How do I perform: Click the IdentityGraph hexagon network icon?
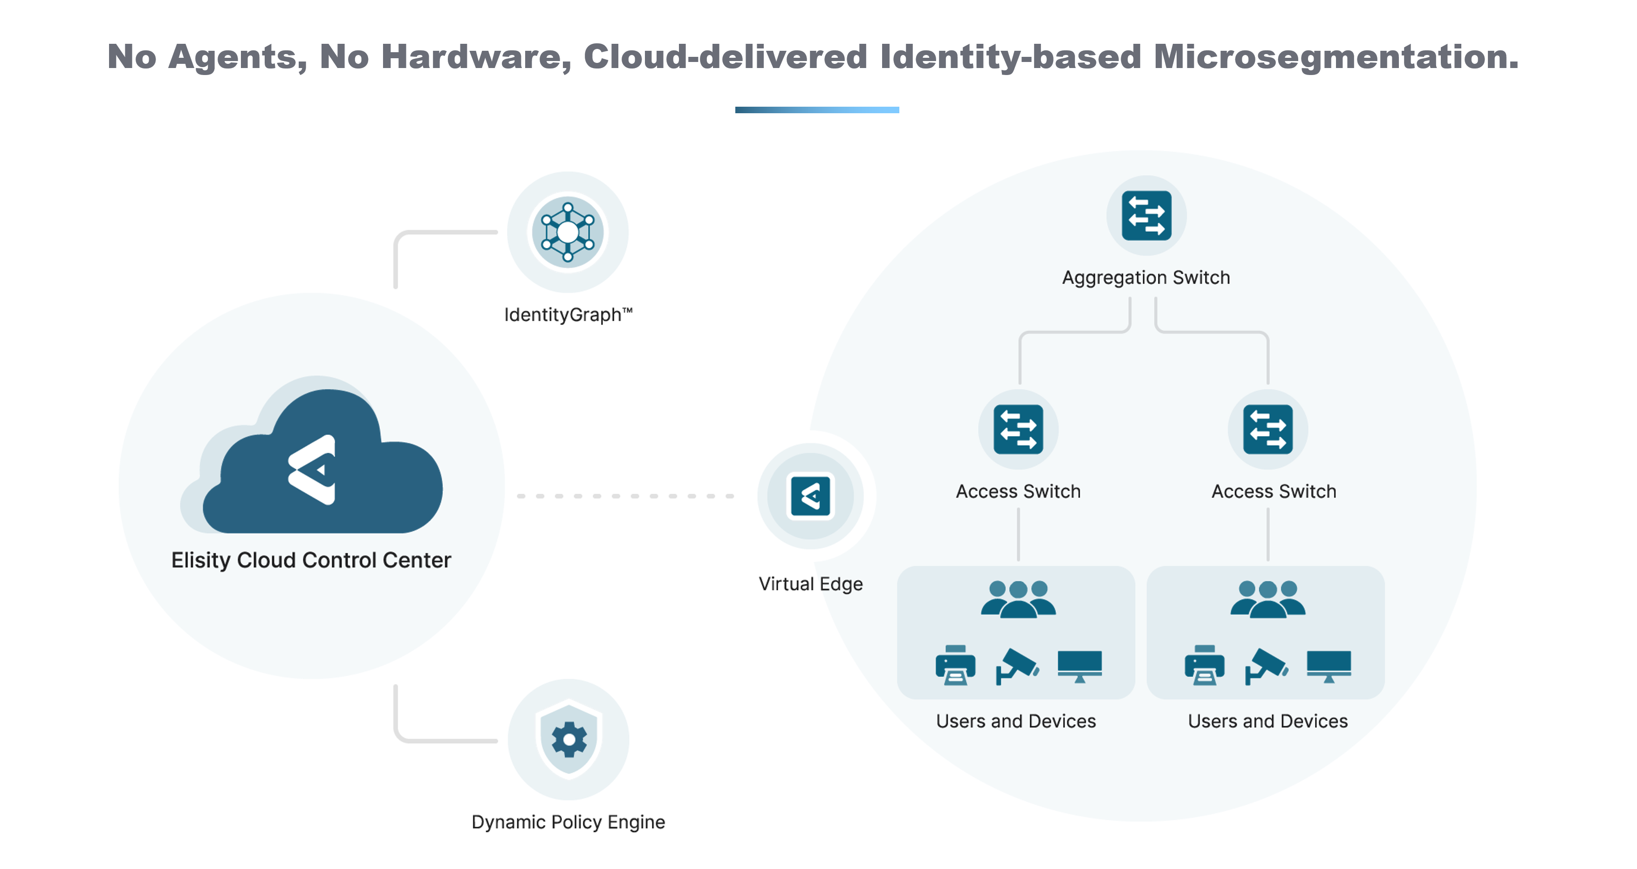[x=568, y=232]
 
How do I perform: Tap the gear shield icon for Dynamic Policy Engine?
[x=569, y=739]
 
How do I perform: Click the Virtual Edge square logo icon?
[x=810, y=496]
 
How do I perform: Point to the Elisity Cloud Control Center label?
[x=311, y=560]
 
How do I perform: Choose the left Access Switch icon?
[x=1018, y=430]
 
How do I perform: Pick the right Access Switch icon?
[x=1268, y=430]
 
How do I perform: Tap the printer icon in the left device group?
[x=955, y=665]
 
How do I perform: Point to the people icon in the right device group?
[x=1268, y=599]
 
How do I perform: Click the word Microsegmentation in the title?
[x=1336, y=57]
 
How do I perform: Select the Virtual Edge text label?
[x=811, y=584]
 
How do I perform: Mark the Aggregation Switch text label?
[x=1146, y=278]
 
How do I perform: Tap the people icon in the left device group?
[x=1018, y=599]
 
